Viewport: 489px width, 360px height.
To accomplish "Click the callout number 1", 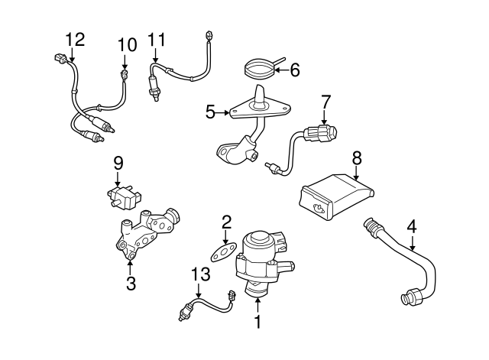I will [257, 323].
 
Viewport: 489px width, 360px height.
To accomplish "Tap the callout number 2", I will [226, 222].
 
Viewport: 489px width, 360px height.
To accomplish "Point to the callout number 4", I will [412, 225].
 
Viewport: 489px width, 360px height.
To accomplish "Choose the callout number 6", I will [295, 70].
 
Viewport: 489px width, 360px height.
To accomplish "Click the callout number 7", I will [325, 100].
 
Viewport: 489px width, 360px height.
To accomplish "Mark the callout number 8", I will [356, 158].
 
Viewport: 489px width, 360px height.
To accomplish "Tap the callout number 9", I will [118, 162].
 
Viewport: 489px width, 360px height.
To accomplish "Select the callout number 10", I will [127, 45].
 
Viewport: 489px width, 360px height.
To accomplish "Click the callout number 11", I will [157, 39].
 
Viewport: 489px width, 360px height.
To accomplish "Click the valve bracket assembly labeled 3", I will [145, 233].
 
